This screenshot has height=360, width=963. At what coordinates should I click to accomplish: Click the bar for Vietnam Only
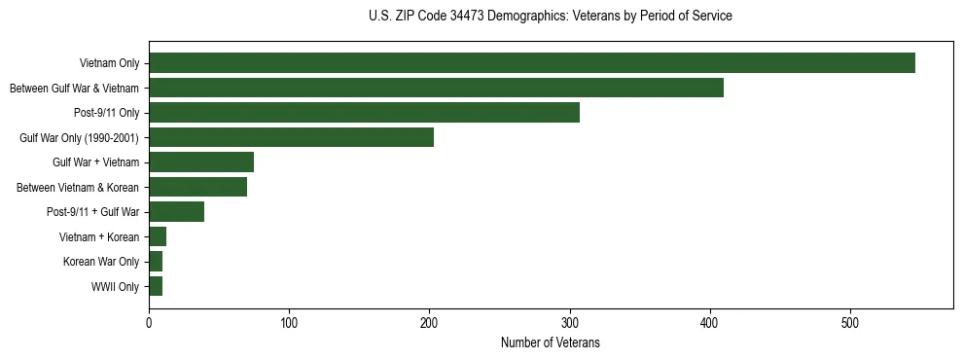tap(532, 63)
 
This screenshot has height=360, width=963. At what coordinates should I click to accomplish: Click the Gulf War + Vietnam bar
tap(201, 162)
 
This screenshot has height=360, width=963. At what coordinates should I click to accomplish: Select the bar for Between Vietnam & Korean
tap(197, 187)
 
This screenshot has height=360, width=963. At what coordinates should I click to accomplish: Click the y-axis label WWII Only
tap(115, 287)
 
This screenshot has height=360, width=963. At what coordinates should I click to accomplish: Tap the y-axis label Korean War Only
tap(101, 262)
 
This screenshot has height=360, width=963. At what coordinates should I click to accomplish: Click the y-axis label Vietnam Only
tap(109, 63)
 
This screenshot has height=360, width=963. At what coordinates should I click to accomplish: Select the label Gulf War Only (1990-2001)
tap(79, 138)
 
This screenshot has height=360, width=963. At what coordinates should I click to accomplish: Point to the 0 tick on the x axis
tap(149, 323)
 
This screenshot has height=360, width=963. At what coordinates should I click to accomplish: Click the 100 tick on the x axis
tap(289, 323)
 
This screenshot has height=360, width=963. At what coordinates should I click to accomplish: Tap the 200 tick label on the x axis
tap(429, 323)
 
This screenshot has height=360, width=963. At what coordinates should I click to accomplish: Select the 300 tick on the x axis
tap(570, 323)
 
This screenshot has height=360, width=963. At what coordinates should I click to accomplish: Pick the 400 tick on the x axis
tap(710, 323)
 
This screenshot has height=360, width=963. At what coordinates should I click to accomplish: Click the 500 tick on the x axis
tap(850, 323)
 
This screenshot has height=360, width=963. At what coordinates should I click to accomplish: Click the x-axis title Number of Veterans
tap(550, 343)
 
